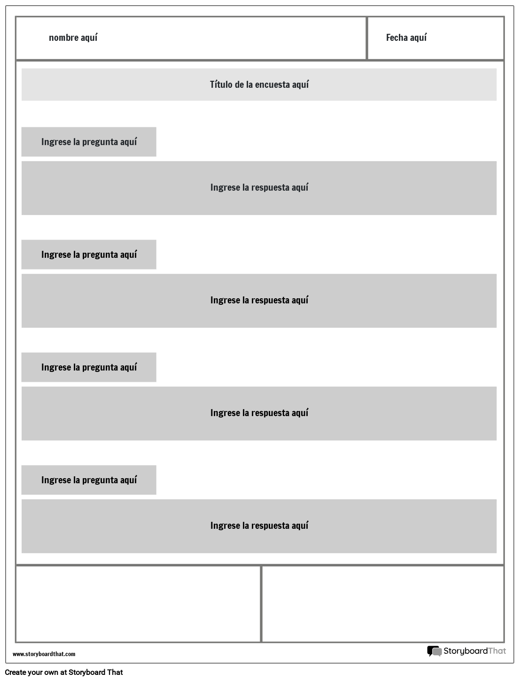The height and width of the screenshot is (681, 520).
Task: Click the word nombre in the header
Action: [x=63, y=38]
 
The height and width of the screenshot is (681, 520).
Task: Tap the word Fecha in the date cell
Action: [x=396, y=38]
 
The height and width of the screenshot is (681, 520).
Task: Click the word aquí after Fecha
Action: [x=418, y=38]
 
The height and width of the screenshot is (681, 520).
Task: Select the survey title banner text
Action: [x=259, y=85]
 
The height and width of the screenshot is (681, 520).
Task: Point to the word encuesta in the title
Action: [x=273, y=85]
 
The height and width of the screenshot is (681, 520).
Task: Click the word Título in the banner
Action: [x=220, y=85]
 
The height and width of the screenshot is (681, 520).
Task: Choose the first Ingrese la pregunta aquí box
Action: [x=89, y=142]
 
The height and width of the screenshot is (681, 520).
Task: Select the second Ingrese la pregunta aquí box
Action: [x=89, y=255]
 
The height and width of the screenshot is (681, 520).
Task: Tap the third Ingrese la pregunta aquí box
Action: [x=89, y=367]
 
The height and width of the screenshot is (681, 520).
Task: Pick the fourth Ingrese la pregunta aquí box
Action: [x=89, y=480]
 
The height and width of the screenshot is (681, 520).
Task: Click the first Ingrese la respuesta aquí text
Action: [x=259, y=187]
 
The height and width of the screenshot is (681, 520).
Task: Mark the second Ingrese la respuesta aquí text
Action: [x=259, y=300]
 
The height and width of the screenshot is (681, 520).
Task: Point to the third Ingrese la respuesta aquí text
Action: [x=259, y=413]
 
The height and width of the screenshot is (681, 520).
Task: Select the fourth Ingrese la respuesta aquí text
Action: [x=259, y=526]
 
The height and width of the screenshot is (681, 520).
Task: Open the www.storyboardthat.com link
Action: [x=44, y=654]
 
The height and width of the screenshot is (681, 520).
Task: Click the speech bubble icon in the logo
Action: [x=434, y=651]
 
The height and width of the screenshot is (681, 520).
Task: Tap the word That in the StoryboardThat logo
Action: [x=497, y=651]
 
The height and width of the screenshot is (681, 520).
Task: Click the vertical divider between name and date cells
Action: [x=366, y=39]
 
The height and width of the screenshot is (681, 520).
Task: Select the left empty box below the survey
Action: [x=138, y=604]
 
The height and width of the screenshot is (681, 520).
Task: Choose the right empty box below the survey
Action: [x=382, y=604]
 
